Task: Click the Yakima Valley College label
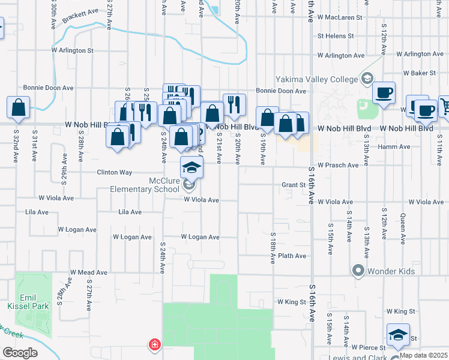click(317, 79)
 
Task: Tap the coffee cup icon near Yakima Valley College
click(384, 93)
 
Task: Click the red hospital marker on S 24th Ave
click(155, 344)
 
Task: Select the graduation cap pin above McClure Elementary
click(191, 167)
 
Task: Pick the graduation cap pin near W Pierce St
click(397, 335)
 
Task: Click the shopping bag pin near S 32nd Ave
click(19, 108)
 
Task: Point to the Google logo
click(20, 353)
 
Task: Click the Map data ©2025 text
click(423, 355)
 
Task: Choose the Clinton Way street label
click(115, 172)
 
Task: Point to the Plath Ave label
click(292, 256)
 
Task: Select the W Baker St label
click(419, 73)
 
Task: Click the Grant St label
click(294, 185)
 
